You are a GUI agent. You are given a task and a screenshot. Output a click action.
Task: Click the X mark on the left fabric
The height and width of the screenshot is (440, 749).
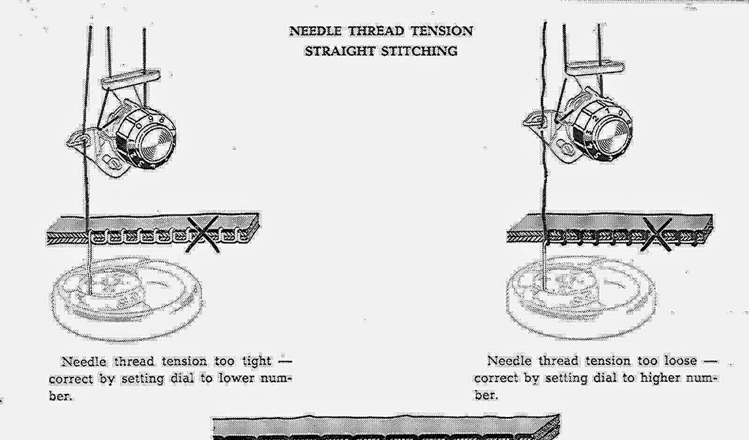coord(205,233)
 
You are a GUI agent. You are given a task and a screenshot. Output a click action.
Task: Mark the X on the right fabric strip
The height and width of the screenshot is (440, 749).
coord(662,233)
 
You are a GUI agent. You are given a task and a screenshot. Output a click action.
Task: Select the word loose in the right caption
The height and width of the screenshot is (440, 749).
coord(677,361)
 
